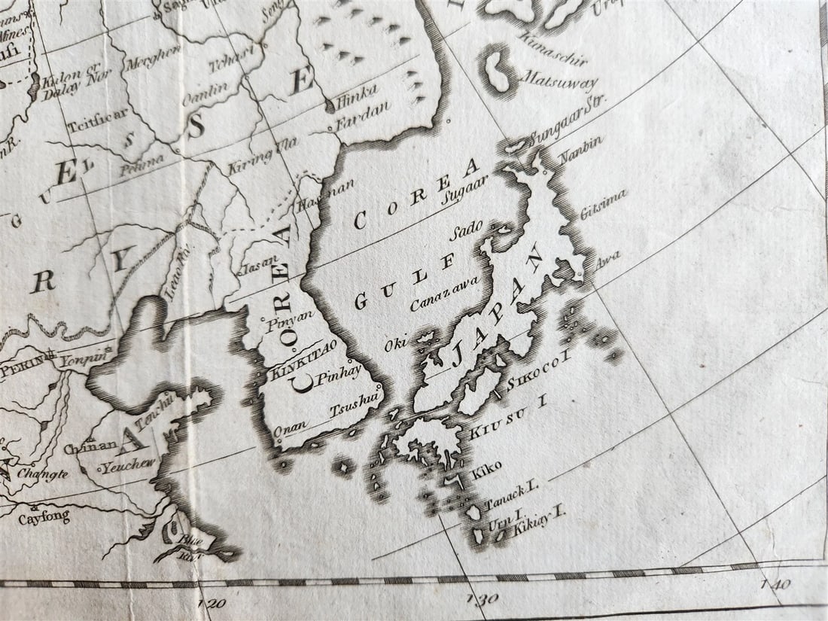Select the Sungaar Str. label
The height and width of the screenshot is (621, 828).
click(566, 123)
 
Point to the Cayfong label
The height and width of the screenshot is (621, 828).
click(44, 518)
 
